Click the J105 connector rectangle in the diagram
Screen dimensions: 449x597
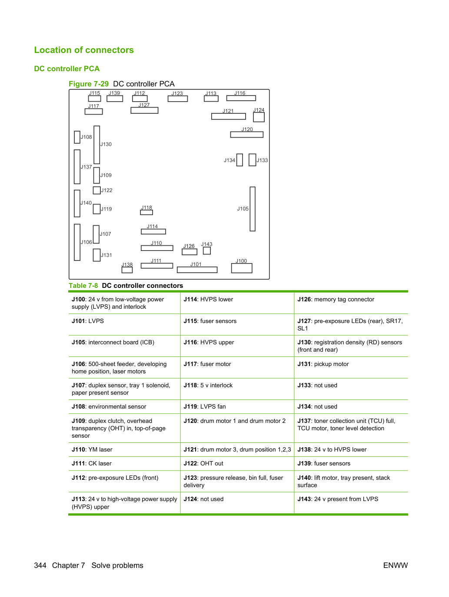click(x=253, y=209)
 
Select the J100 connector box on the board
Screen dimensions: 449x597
click(x=242, y=268)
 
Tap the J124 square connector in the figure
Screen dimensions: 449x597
click(x=259, y=117)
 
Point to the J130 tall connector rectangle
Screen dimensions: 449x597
click(x=96, y=145)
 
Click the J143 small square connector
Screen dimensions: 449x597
click(x=206, y=251)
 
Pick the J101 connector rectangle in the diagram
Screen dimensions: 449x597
click(x=197, y=270)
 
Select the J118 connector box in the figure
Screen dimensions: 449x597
click(x=146, y=212)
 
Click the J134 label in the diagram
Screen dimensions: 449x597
click(x=229, y=160)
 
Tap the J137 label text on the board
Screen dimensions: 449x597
click(x=86, y=167)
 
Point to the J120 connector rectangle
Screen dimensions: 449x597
click(x=247, y=135)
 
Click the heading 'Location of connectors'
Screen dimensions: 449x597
click(x=84, y=50)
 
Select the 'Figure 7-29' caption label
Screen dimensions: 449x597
click(x=89, y=84)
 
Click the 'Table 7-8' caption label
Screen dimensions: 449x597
click(x=83, y=286)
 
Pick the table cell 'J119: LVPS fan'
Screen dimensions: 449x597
click(x=237, y=407)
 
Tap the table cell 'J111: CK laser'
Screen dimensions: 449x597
click(x=124, y=463)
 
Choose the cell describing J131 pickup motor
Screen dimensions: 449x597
click(x=351, y=367)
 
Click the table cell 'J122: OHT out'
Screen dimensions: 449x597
click(x=237, y=463)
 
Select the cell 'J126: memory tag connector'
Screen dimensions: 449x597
click(x=351, y=303)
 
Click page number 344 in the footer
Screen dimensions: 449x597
click(x=40, y=565)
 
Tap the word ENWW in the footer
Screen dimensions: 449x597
click(x=396, y=565)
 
